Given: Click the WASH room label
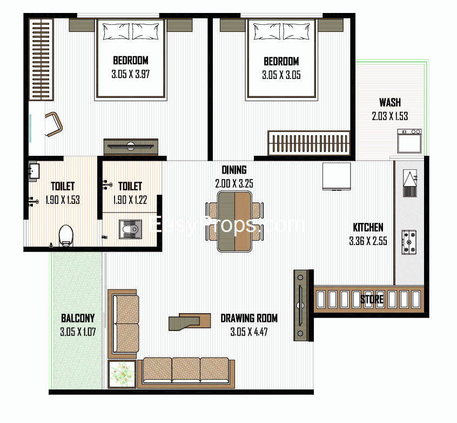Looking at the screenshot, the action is (x=390, y=102).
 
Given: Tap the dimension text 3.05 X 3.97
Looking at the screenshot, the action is (x=131, y=74).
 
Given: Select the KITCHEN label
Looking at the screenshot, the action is (x=368, y=227).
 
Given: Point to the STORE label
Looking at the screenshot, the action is (x=372, y=300).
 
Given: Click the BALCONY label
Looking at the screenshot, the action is (x=78, y=318).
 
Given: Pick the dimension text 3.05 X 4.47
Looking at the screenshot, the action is (x=249, y=332).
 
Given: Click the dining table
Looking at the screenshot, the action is (x=234, y=221).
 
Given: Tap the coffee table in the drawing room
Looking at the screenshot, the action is (x=190, y=322).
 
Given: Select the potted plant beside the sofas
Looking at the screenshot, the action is (x=122, y=374).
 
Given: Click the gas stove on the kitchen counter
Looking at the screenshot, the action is (x=409, y=242).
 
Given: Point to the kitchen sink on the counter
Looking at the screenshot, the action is (x=410, y=183).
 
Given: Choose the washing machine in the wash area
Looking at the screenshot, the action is (x=409, y=141).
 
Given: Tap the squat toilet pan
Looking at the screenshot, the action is (x=130, y=229).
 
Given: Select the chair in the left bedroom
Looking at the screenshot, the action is (x=53, y=124).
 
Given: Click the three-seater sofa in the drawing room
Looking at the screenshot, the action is (x=186, y=373).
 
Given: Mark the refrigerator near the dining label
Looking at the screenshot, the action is (x=337, y=177).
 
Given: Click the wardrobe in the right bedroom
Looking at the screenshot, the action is (x=309, y=143).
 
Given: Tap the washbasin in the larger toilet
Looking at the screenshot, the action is (x=34, y=171).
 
